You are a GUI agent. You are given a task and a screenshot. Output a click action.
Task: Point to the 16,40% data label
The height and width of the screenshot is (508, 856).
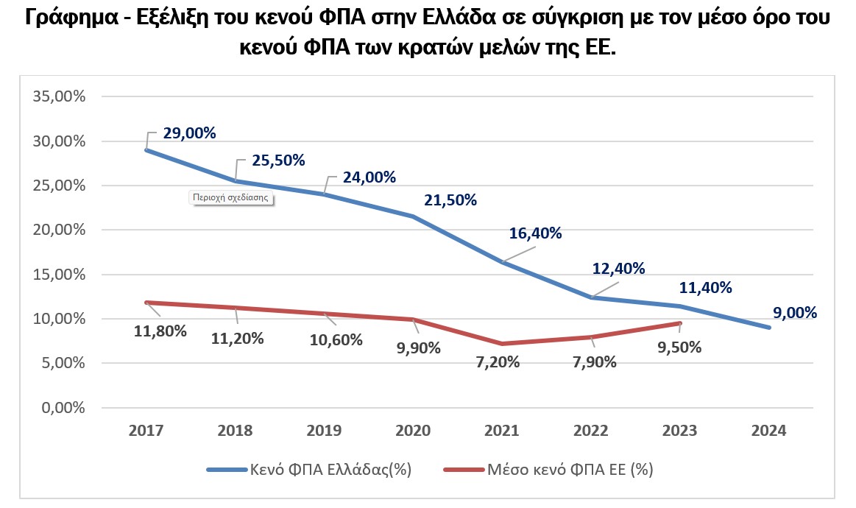pyautogui.click(x=536, y=233)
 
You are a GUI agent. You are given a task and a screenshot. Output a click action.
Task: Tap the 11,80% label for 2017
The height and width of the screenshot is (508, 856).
pyautogui.click(x=160, y=331)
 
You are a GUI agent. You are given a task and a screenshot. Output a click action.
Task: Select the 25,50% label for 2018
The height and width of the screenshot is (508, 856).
pyautogui.click(x=278, y=160)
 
